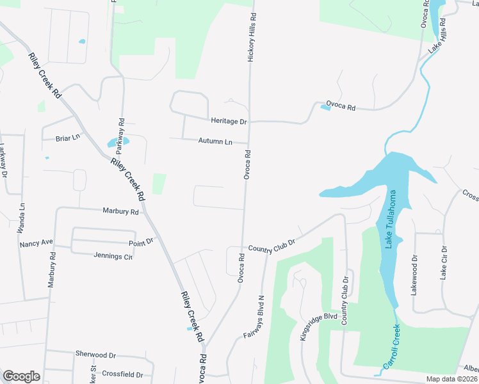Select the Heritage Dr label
229,120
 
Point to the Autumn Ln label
215,141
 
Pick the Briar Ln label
68,138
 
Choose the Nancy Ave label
36,244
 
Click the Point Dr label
142,241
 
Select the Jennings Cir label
113,257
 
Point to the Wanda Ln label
21,218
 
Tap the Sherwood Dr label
95,354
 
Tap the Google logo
21,376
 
